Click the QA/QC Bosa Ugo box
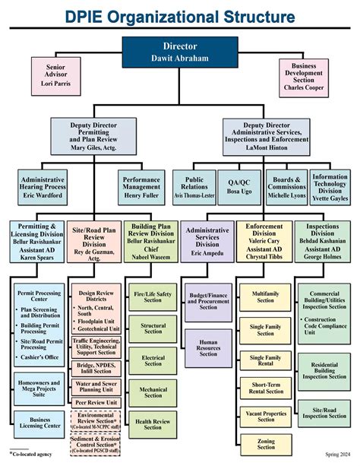244,187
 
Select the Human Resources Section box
208,348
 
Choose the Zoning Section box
265,444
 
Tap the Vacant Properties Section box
265,415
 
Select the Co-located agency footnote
30,455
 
